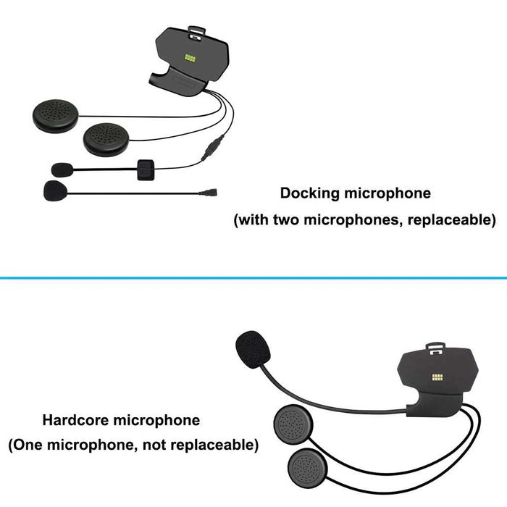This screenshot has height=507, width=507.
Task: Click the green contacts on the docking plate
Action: point(192,57)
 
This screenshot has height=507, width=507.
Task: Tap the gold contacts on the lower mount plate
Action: point(437,377)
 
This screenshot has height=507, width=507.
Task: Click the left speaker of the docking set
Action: point(56,115)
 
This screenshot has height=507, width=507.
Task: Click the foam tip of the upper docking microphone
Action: point(62,169)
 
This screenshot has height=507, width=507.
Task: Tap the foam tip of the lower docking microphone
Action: point(55,191)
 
